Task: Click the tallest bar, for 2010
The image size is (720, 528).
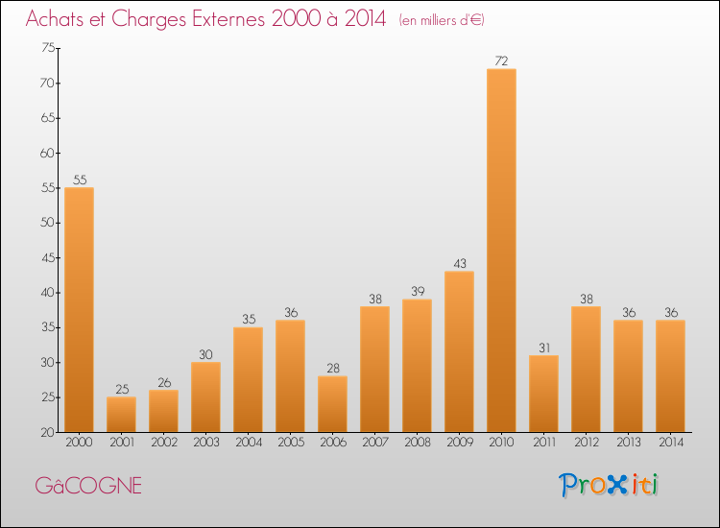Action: pos(501,250)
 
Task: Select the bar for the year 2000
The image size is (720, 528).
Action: pos(79,309)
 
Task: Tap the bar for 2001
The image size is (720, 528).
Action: pos(121,414)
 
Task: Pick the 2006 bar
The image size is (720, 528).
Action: pos(332,403)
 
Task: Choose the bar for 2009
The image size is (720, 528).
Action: pos(459,351)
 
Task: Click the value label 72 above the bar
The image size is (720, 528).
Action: pos(501,60)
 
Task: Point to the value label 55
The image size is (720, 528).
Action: pos(79,180)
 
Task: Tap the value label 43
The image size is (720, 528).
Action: pos(459,263)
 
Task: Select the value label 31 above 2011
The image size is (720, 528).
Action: pos(543,348)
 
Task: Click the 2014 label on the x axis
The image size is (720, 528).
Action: pos(670,443)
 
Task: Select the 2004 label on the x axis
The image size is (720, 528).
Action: pos(248,443)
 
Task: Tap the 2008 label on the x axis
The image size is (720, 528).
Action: pos(417,443)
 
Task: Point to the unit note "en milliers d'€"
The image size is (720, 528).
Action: pos(442,20)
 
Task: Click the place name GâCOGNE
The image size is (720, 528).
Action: pos(88,486)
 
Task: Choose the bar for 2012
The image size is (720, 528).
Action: pos(586,369)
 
